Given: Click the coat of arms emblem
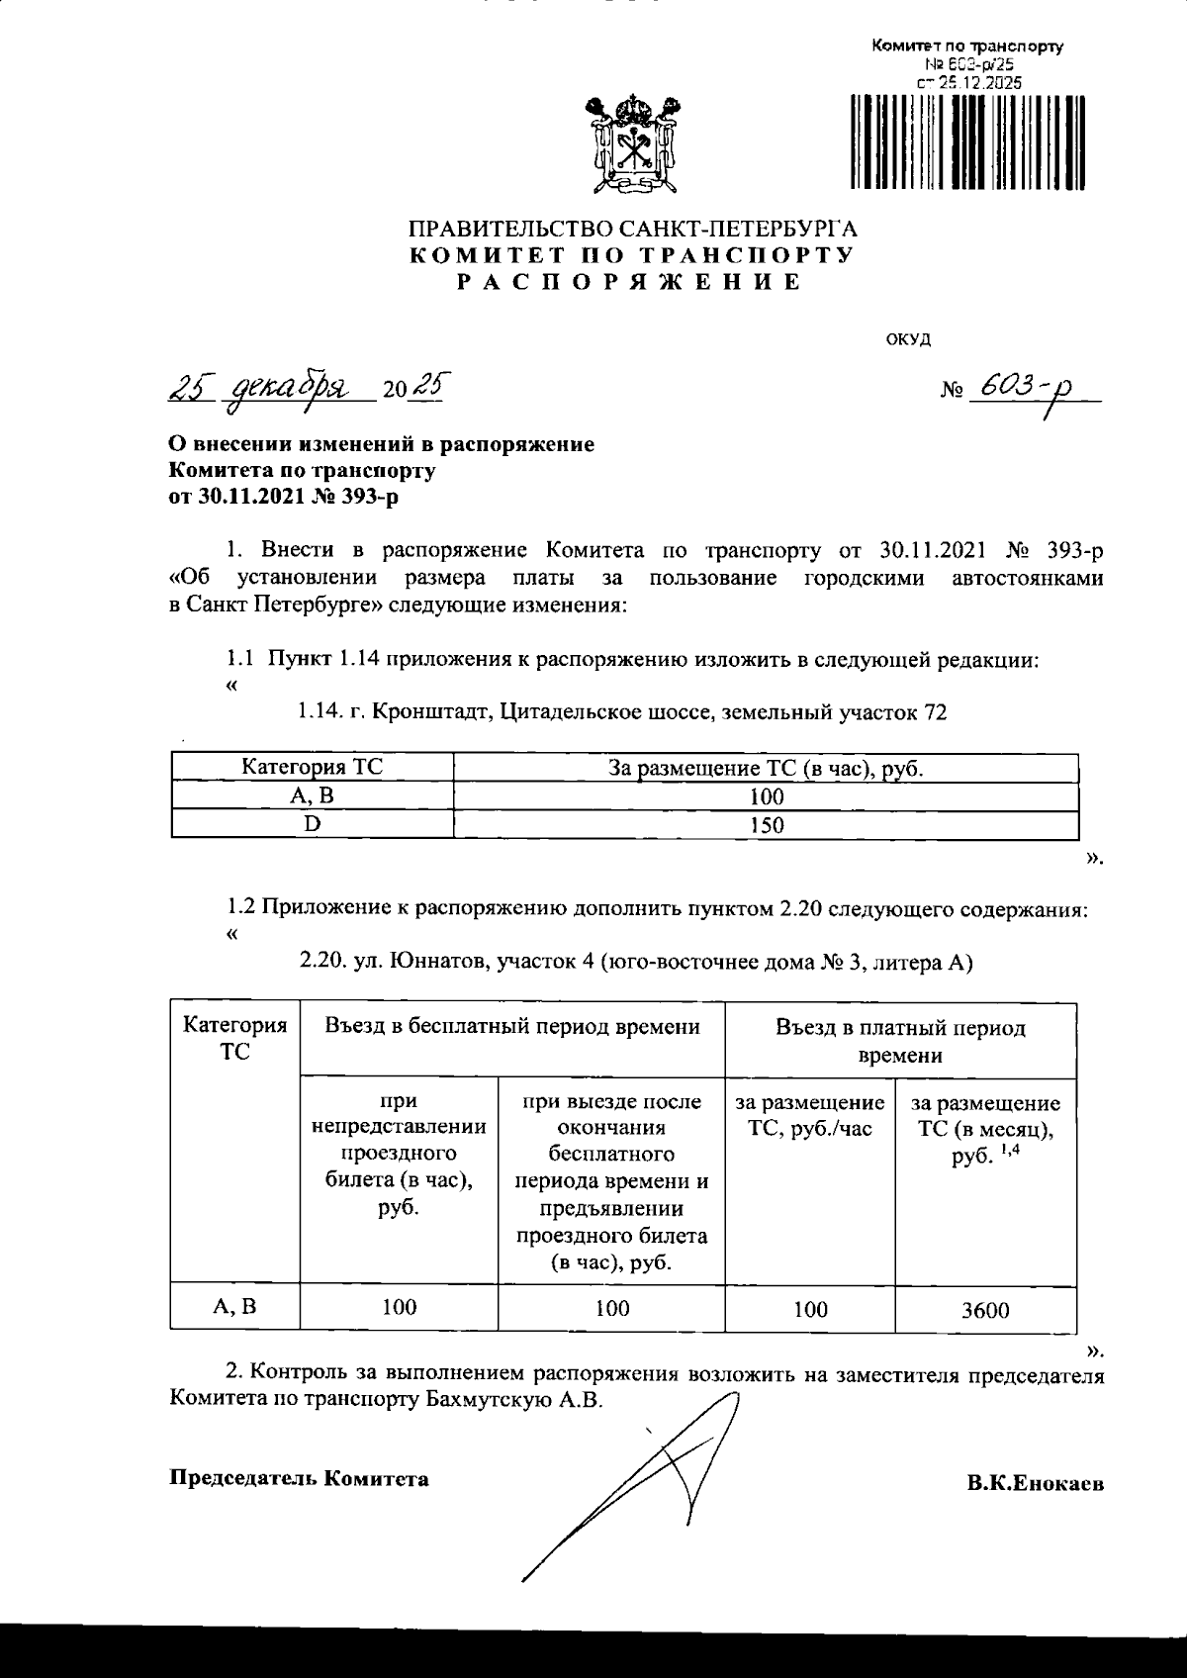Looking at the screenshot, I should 630,142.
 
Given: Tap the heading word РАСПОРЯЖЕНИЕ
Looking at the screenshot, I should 630,282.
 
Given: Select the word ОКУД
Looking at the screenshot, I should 907,339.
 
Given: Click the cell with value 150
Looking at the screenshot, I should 766,824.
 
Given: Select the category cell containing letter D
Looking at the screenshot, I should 313,824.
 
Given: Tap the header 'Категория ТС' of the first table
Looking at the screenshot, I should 313,767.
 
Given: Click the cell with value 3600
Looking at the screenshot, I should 985,1310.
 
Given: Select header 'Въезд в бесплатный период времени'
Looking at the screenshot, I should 512,1027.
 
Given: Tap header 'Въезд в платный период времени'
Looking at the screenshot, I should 900,1041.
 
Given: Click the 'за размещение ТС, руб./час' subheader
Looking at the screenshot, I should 810,1116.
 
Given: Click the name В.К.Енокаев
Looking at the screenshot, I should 1036,1484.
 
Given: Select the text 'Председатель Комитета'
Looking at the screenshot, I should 300,1478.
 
